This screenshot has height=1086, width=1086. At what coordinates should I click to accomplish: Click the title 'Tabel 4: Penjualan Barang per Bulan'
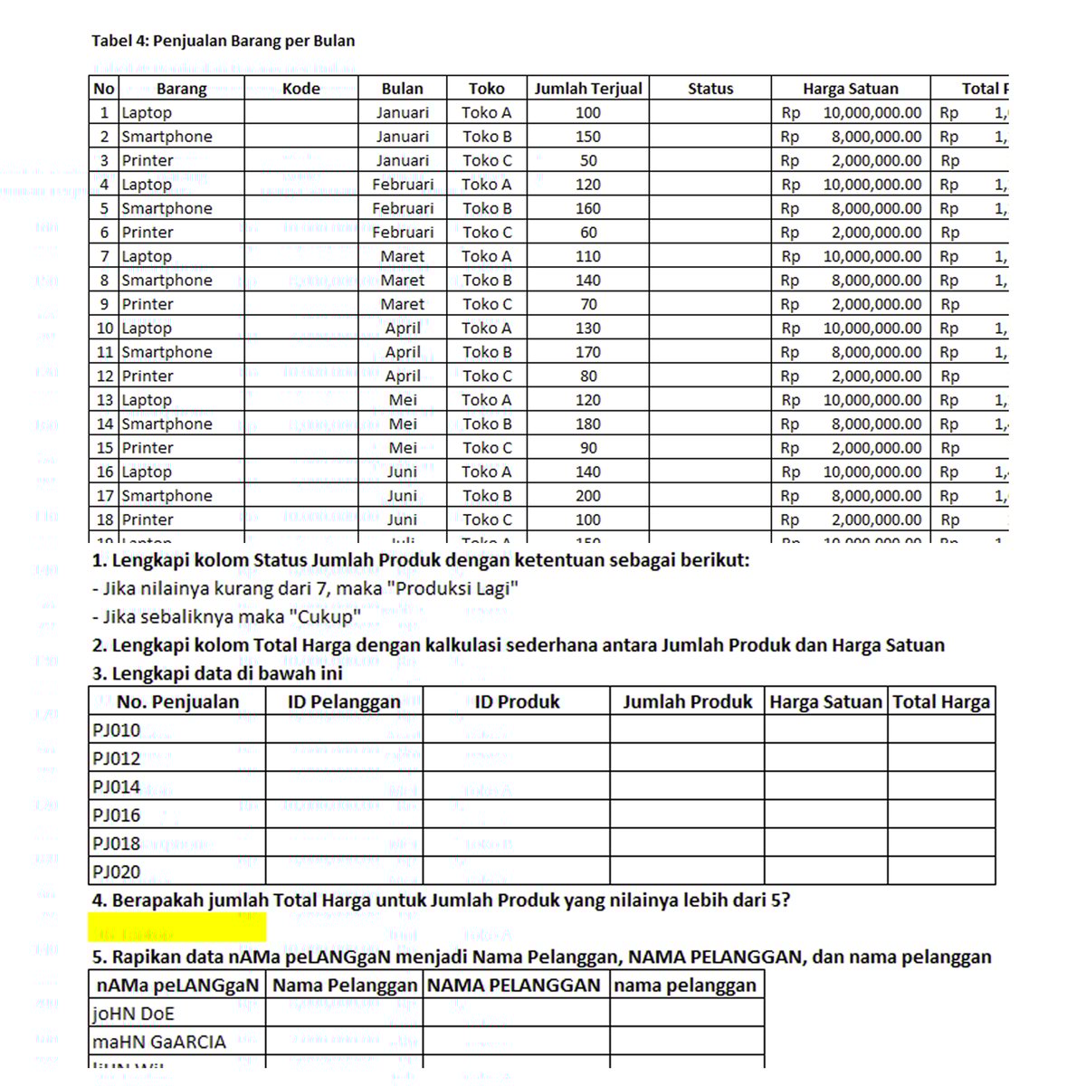223,41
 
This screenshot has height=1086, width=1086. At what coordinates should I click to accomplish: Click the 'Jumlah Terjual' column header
588,89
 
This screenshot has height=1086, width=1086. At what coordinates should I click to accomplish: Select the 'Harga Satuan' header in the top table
850,89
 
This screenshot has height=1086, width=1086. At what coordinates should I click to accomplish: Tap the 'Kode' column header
300,89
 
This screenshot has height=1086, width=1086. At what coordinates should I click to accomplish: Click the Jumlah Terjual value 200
588,496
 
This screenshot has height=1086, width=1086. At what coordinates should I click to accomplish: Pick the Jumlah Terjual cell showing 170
588,352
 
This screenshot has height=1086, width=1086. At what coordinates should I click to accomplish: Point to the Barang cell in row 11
167,352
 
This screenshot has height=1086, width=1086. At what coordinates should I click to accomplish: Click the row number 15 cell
105,448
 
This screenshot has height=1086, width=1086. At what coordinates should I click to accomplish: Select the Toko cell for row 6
487,233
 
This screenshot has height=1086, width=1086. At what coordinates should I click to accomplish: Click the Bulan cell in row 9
403,304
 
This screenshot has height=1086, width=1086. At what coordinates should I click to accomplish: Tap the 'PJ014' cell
117,786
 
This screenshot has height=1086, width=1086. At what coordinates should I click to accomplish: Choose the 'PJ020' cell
117,872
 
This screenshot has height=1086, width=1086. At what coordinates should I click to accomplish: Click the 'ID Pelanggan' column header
344,702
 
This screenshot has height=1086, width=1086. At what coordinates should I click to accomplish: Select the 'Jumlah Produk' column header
687,702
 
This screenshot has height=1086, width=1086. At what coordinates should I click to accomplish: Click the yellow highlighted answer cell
177,928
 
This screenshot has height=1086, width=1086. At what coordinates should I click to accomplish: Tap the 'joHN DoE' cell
133,1014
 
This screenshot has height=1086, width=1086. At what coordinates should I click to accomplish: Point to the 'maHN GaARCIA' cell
159,1042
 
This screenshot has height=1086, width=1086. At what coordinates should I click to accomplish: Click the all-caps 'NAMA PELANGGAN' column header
515,986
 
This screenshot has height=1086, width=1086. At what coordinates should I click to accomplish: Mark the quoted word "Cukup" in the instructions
325,617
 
